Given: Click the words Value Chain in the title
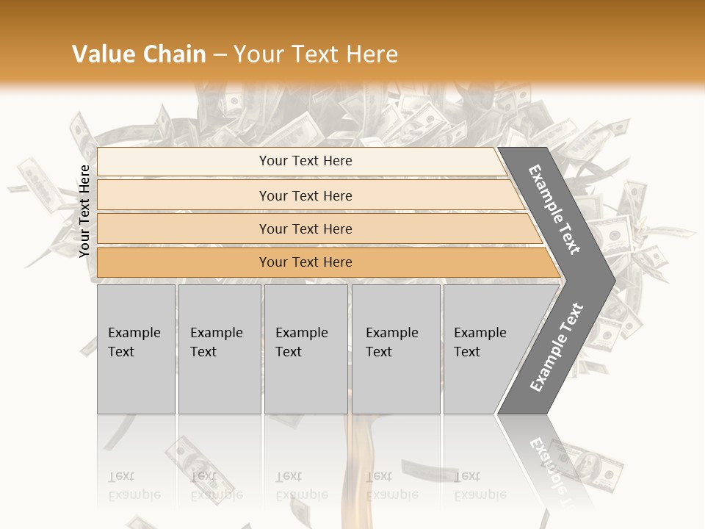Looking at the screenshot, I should [139, 54].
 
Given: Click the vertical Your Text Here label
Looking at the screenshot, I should [84, 211].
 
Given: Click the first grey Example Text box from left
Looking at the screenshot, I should [136, 349].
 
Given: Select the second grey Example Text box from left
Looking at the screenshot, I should [220, 349].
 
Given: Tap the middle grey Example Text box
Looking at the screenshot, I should [305, 349].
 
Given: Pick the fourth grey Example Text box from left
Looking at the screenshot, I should [396, 349].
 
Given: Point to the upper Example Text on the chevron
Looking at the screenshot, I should [555, 209].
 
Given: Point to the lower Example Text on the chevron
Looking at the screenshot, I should [556, 348].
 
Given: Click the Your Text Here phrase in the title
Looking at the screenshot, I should [316, 54].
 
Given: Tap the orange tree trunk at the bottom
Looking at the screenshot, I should [364, 470].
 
